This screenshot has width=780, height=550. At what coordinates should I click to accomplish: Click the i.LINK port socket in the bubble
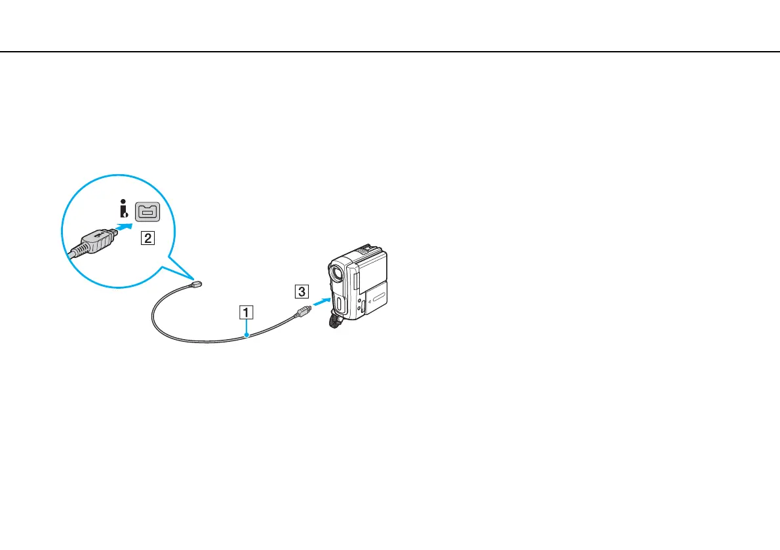(x=147, y=213)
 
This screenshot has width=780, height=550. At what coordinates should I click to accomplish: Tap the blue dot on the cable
(x=246, y=336)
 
